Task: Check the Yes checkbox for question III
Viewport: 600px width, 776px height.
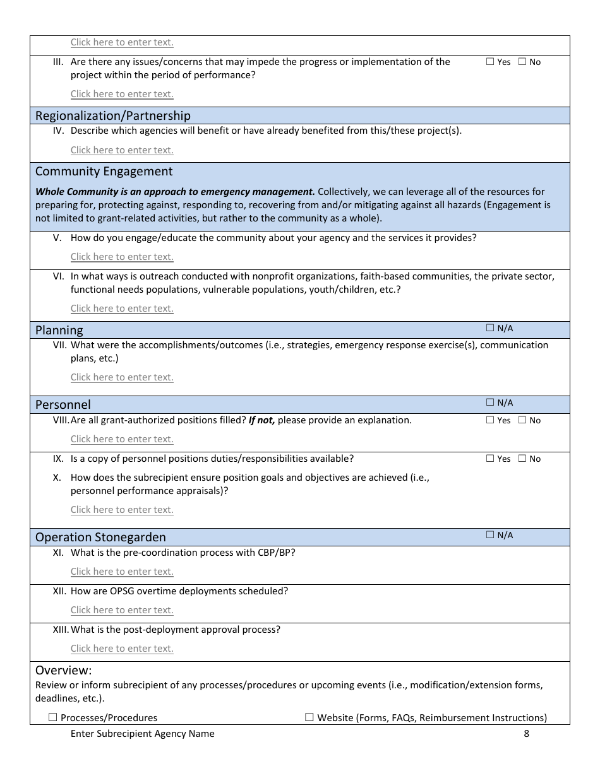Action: tap(490, 62)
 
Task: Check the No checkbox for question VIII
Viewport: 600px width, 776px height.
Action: tap(522, 420)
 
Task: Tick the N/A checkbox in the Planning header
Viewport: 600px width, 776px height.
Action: tap(490, 328)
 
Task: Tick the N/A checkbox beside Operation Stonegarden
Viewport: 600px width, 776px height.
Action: tap(490, 535)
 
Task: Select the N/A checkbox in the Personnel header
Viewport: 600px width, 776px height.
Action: tap(490, 403)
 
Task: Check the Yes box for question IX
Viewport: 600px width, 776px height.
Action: tap(490, 459)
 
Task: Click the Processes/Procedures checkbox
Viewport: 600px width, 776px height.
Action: tap(53, 717)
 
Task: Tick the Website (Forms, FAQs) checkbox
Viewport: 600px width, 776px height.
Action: tap(309, 717)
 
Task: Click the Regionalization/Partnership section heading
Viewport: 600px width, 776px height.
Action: tap(112, 115)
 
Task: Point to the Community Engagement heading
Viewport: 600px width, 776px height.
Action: tap(104, 172)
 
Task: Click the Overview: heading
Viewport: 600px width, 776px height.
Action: tap(64, 670)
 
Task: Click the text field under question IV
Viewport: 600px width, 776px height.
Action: tap(122, 150)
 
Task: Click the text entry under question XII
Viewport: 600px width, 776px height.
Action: tap(122, 610)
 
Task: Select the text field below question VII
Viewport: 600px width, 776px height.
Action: tap(122, 377)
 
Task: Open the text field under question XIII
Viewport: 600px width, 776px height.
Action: tap(122, 649)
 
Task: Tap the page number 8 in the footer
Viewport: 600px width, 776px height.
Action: tap(526, 733)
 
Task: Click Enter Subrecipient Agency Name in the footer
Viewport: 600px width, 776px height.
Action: tap(142, 733)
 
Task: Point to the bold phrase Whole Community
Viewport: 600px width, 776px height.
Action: tap(73, 191)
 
